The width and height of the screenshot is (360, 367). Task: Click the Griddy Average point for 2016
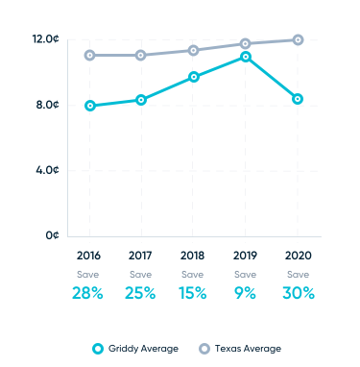pos(89,106)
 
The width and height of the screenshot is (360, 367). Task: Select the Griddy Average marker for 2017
pos(141,100)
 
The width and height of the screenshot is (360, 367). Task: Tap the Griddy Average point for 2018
pos(193,77)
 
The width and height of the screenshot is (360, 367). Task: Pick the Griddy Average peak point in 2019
pos(246,57)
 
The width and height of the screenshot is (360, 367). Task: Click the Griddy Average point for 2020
pos(298,99)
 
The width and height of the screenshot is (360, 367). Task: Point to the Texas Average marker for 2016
pos(89,56)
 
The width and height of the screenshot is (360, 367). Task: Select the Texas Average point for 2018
pos(193,50)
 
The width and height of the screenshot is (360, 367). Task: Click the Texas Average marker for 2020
pos(298,39)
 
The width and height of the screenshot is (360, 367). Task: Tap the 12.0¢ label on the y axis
pos(45,39)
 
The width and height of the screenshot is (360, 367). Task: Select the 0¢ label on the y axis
pos(53,235)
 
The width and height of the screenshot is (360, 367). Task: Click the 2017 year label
pos(141,257)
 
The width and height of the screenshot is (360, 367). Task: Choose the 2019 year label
pos(246,257)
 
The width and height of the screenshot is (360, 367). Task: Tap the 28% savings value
pos(88,293)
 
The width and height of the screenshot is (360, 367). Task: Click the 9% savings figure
pos(246,293)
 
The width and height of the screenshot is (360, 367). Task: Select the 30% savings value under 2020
pos(298,293)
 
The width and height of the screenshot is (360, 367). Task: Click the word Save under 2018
pos(193,274)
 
